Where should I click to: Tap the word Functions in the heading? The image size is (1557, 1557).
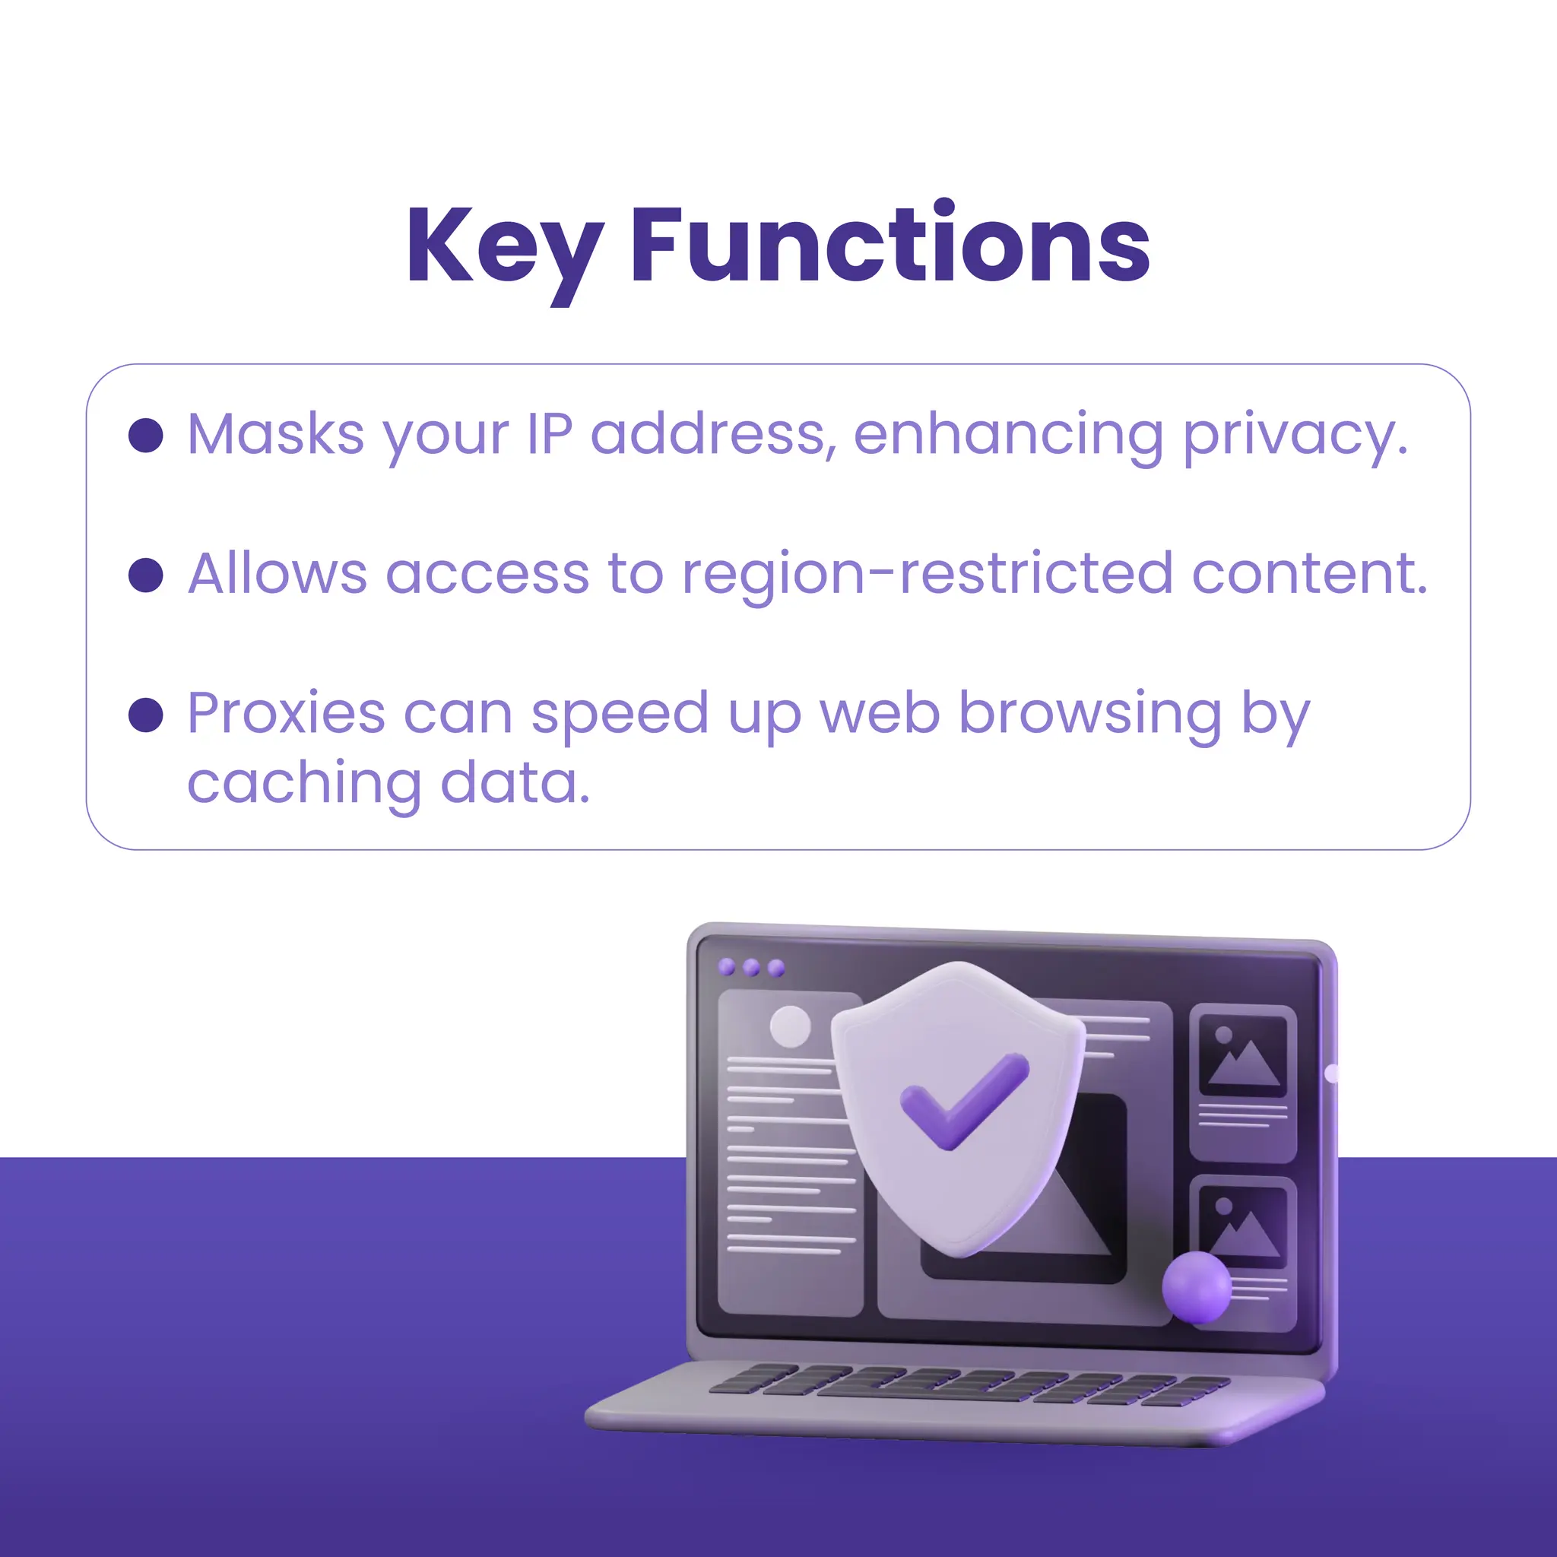tap(889, 245)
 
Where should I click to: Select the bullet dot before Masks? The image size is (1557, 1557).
tap(146, 435)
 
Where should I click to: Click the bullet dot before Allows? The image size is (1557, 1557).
tap(146, 575)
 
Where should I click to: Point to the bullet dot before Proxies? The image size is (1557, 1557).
tap(146, 714)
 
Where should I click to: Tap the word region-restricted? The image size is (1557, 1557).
tap(927, 574)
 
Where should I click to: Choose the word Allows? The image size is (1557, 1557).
tap(277, 574)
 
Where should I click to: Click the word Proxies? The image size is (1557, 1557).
tap(286, 713)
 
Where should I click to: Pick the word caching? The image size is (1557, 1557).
tap(304, 783)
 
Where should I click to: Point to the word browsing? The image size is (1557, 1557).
tap(1089, 714)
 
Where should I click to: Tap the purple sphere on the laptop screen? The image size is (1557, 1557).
tap(1196, 1287)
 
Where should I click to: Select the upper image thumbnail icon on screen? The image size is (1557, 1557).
tap(1243, 1055)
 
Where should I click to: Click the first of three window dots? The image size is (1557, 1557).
tap(726, 967)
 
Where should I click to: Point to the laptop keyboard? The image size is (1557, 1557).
tap(967, 1384)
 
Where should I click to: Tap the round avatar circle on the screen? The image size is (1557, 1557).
tap(790, 1026)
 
